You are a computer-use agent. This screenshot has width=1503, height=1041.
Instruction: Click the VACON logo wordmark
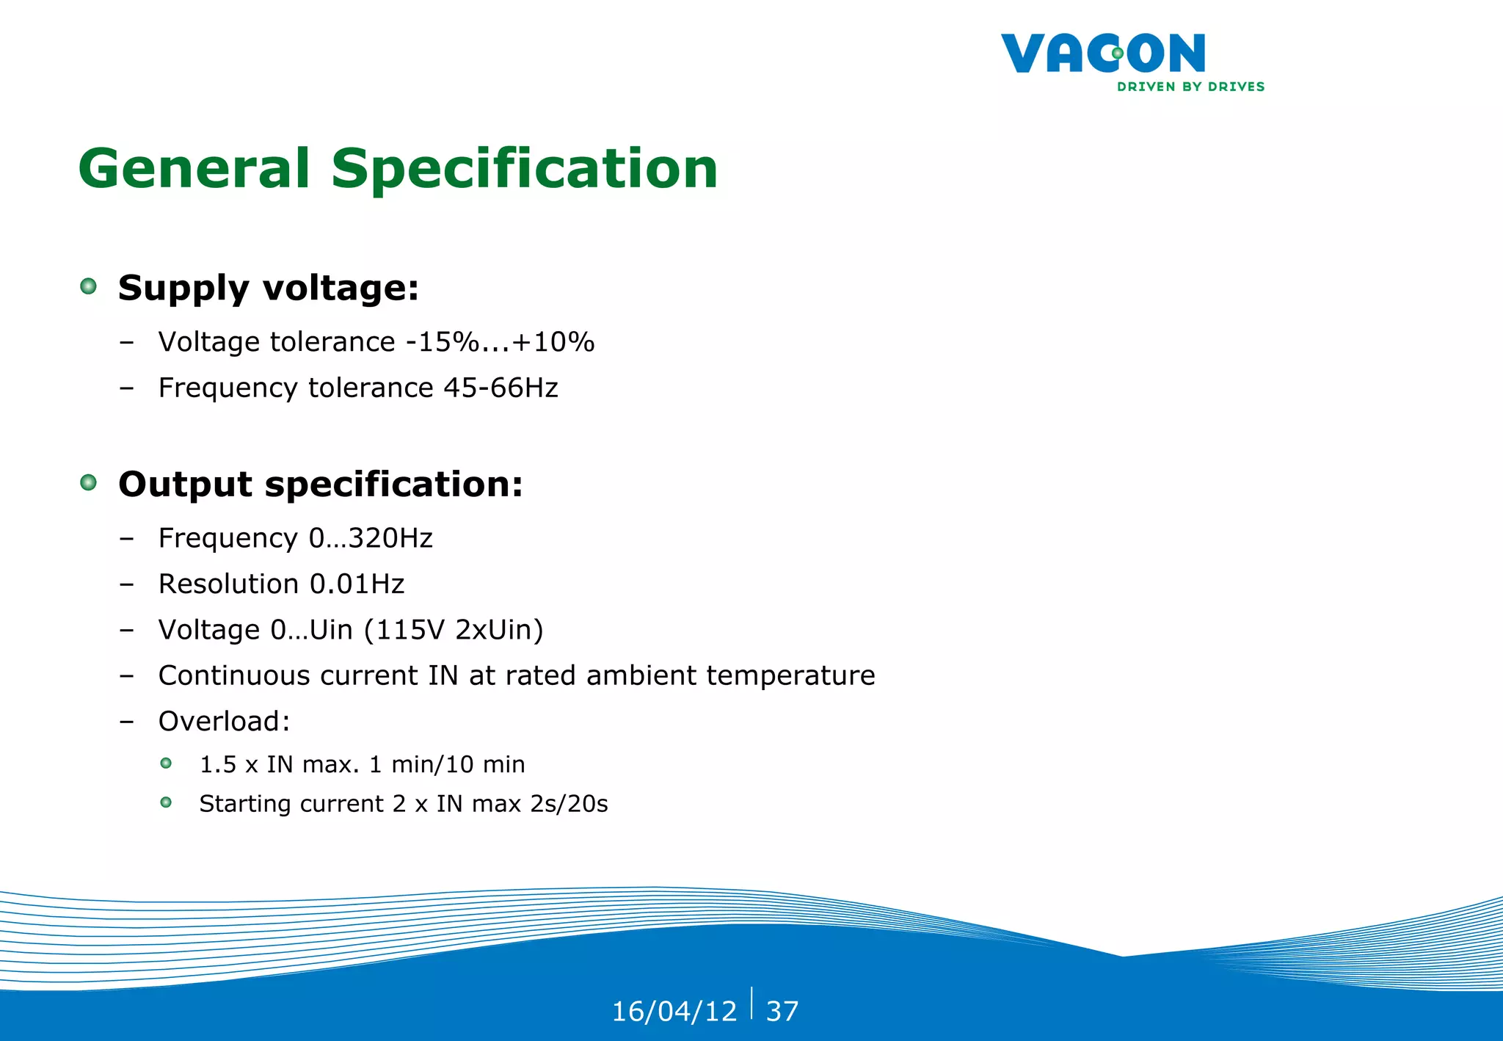pyautogui.click(x=1102, y=54)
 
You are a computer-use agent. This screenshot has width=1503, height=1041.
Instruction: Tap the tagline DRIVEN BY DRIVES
pyautogui.click(x=1190, y=87)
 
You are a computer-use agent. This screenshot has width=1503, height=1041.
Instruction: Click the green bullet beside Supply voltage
pyautogui.click(x=89, y=286)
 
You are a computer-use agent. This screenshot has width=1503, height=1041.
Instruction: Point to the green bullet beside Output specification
pyautogui.click(x=89, y=482)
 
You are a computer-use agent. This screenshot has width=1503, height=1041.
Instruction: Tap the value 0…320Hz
pyautogui.click(x=371, y=538)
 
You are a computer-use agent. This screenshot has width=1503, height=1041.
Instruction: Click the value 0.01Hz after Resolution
pyautogui.click(x=357, y=584)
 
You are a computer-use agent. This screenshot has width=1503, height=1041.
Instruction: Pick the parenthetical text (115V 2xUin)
pyautogui.click(x=454, y=630)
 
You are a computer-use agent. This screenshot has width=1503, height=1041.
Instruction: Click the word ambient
pyautogui.click(x=641, y=675)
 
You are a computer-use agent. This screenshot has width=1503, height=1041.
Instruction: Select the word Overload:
pyautogui.click(x=225, y=722)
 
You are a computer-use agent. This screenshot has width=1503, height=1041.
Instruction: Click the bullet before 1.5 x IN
pyautogui.click(x=167, y=763)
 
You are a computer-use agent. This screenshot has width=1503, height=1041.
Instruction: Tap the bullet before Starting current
pyautogui.click(x=167, y=802)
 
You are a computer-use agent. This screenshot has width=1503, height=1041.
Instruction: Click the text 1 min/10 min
pyautogui.click(x=447, y=765)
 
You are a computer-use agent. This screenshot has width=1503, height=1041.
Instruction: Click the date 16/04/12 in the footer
pyautogui.click(x=674, y=1012)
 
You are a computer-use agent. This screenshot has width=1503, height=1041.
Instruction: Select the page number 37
pyautogui.click(x=782, y=1012)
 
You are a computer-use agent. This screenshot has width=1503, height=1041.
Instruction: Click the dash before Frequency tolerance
pyautogui.click(x=127, y=388)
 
